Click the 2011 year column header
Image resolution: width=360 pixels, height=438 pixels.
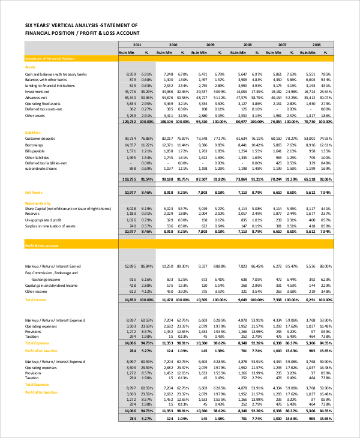pyautogui.click(x=137, y=45)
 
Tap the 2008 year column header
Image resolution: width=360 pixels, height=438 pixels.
pyautogui.click(x=247, y=45)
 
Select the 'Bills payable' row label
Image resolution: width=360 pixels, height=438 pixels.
pyautogui.click(x=35, y=151)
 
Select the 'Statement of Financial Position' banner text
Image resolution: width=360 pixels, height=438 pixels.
pyautogui.click(x=50, y=58)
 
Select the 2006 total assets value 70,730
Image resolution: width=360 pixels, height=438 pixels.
pyautogui.click(x=312, y=121)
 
